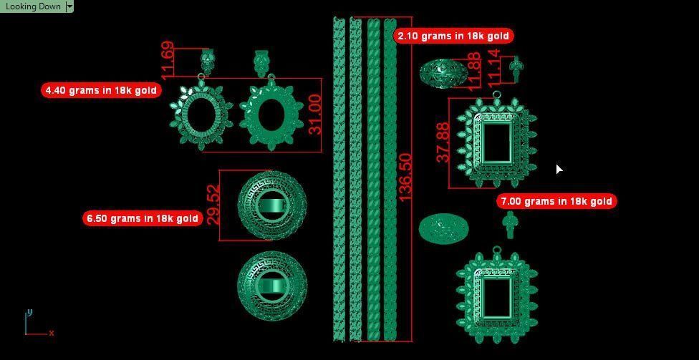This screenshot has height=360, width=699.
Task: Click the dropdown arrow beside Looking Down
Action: point(69,6)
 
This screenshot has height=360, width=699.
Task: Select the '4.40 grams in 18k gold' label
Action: point(100,90)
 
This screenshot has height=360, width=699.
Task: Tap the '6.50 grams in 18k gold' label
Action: point(142,218)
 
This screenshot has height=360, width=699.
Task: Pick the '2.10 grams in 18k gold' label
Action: point(453,36)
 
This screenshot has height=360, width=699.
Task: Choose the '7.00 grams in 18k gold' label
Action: point(556,201)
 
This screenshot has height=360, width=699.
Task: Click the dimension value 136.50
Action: point(405,177)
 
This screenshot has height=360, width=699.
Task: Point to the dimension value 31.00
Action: point(314,115)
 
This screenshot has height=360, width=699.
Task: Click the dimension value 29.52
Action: point(213,205)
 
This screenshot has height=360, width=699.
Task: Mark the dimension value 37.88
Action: point(443,142)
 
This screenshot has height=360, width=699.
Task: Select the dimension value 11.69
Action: point(168,60)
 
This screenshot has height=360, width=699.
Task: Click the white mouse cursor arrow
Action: point(559,169)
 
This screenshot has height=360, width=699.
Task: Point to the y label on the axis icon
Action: point(29,313)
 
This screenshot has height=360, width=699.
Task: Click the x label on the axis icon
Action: point(52,333)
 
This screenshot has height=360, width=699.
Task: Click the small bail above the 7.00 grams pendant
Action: point(509,225)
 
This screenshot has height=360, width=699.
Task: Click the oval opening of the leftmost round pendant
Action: point(201,115)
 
